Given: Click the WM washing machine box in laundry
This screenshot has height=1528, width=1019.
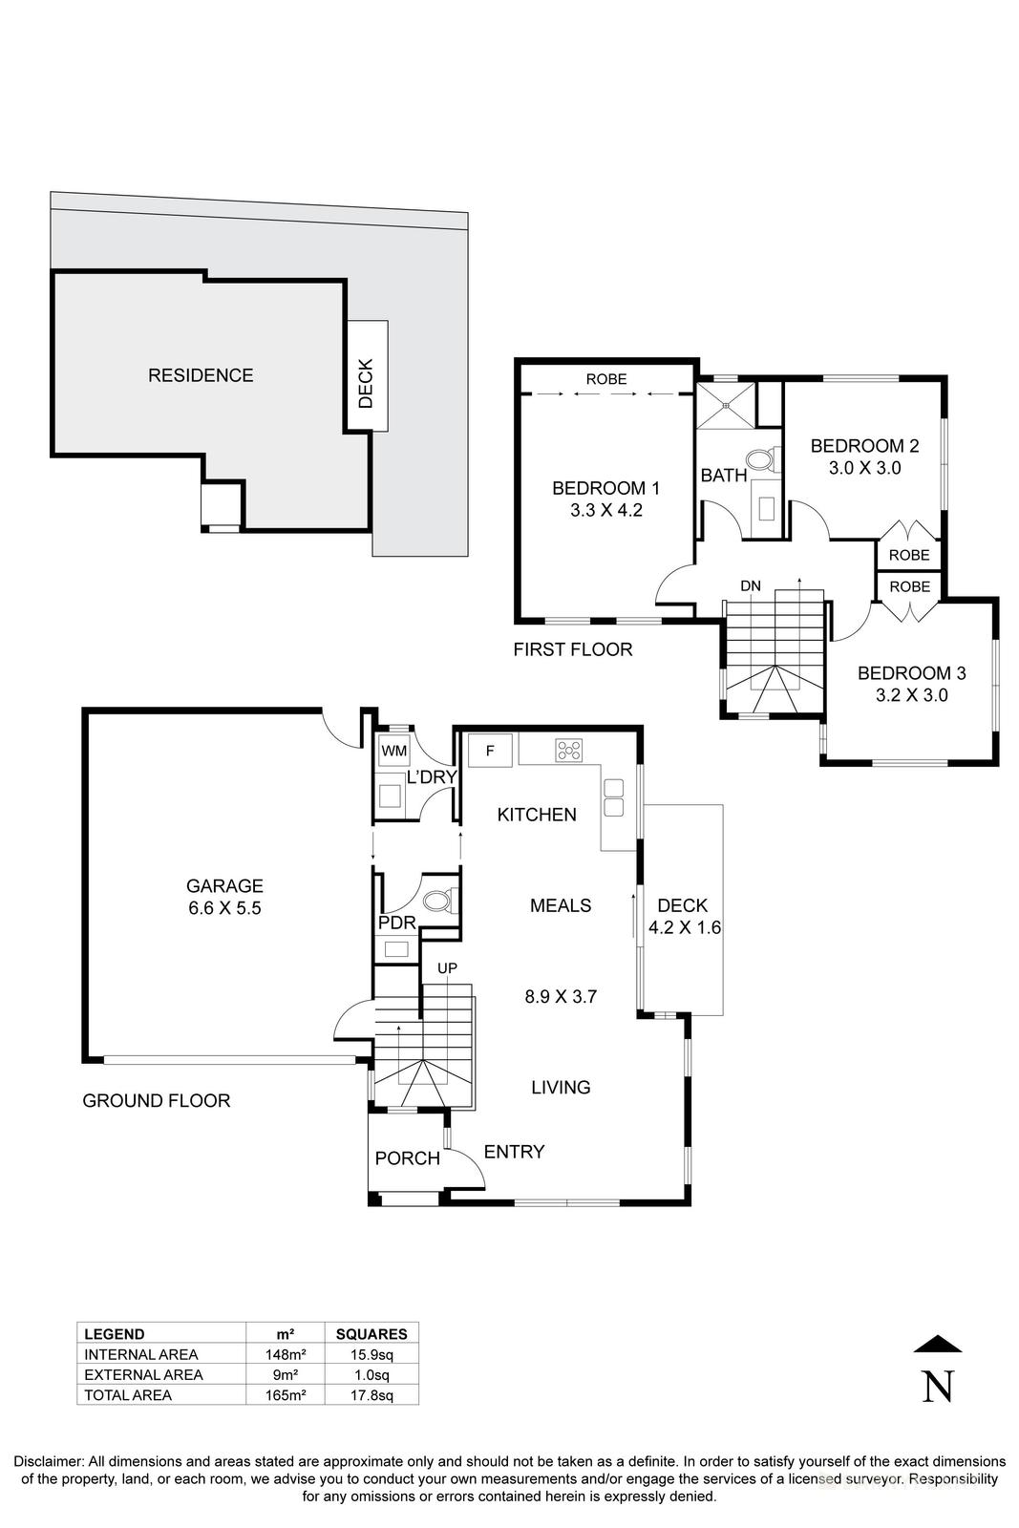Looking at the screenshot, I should pyautogui.click(x=393, y=751).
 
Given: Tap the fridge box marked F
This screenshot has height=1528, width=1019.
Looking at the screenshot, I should pyautogui.click(x=490, y=750).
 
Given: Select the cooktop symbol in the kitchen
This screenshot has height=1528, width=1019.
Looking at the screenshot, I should pyautogui.click(x=568, y=751).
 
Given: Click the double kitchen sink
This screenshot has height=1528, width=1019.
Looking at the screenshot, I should pyautogui.click(x=613, y=798).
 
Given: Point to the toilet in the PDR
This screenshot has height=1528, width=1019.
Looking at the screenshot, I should pyautogui.click(x=438, y=901).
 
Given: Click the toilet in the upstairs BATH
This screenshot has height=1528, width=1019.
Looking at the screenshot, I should pyautogui.click(x=761, y=462).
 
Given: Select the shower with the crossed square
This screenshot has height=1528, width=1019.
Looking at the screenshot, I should pyautogui.click(x=725, y=404).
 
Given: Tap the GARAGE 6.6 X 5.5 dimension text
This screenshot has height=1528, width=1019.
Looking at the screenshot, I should pyautogui.click(x=224, y=908).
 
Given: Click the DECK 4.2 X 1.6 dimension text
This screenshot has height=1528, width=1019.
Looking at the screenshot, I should pyautogui.click(x=684, y=926).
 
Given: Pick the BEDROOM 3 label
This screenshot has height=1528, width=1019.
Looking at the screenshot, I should pyautogui.click(x=911, y=673).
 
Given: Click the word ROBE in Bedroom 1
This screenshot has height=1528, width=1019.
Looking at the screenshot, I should pyautogui.click(x=606, y=379).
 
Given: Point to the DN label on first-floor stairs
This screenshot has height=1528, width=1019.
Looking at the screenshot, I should pyautogui.click(x=751, y=584).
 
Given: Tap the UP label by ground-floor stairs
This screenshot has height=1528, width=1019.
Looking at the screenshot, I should pyautogui.click(x=447, y=967).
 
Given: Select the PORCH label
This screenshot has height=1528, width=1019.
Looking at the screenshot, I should pyautogui.click(x=407, y=1158).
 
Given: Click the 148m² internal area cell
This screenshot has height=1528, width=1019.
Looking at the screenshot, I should pyautogui.click(x=286, y=1354).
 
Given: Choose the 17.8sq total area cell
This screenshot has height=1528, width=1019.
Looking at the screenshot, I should pyautogui.click(x=372, y=1394).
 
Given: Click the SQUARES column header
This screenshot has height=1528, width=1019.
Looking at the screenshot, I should pyautogui.click(x=372, y=1334).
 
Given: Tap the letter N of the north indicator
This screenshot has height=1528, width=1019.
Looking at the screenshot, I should pyautogui.click(x=938, y=1386).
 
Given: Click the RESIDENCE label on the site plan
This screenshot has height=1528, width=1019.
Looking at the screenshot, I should pyautogui.click(x=201, y=375).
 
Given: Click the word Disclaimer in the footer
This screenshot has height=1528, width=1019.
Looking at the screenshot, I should pyautogui.click(x=48, y=1461).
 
